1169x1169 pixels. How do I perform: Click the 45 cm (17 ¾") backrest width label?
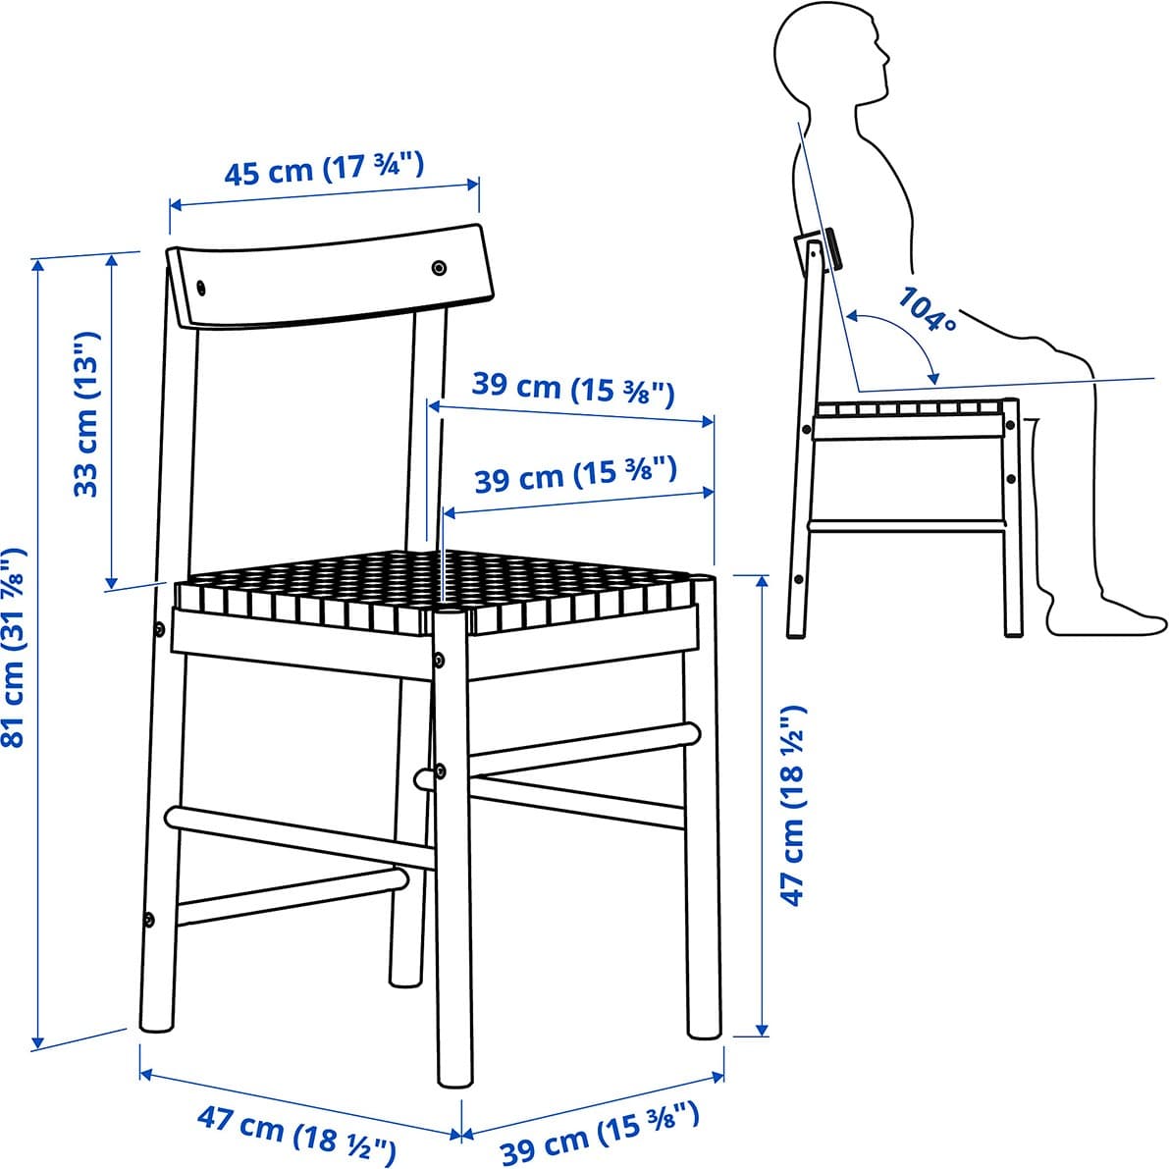tap(324, 169)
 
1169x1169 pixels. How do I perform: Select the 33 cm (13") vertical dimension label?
tap(86, 414)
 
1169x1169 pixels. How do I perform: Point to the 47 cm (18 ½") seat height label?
tap(793, 805)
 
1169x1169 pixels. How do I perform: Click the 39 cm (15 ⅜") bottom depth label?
tap(600, 1134)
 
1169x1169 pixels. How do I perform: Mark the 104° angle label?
tap(927, 310)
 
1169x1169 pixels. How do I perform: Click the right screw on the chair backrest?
tap(439, 268)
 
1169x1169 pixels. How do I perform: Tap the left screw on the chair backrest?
tap(200, 288)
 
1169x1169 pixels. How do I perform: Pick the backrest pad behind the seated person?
tap(832, 249)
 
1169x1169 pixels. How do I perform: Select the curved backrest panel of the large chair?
tap(330, 275)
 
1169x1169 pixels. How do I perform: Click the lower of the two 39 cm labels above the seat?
tap(575, 476)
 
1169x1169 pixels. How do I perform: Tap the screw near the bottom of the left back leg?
tap(149, 920)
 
